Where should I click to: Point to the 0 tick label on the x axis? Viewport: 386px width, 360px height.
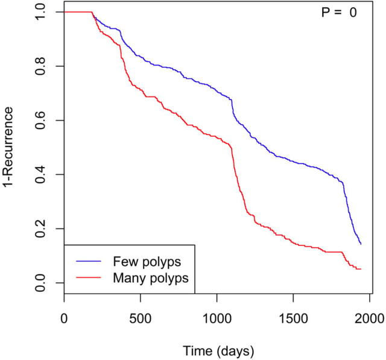[64, 318]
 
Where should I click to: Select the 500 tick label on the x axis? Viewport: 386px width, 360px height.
[141, 318]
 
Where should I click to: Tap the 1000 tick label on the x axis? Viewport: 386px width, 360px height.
[217, 318]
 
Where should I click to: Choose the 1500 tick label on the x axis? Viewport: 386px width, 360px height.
[293, 318]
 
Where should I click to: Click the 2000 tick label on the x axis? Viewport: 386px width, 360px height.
[369, 318]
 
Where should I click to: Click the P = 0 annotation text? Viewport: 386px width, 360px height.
[339, 13]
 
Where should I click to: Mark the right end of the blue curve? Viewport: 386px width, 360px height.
[361, 244]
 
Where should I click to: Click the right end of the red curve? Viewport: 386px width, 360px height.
[361, 269]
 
